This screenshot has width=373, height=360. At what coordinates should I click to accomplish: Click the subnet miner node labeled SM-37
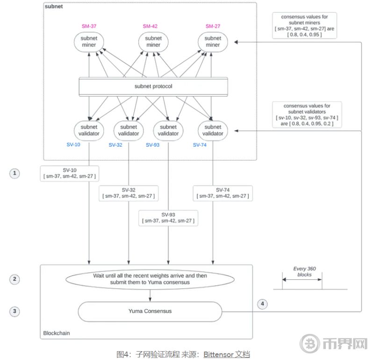pos(88,42)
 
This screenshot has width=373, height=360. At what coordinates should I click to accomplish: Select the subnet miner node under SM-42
pos(153,42)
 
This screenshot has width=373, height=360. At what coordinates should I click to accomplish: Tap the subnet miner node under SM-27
pos(213,42)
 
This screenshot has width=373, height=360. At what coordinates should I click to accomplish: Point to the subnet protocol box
pos(153,86)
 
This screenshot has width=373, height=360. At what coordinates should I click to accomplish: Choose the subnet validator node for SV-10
pos(88,130)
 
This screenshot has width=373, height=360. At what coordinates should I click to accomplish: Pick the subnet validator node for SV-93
pos(168,130)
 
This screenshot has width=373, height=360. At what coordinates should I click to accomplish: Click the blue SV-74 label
pos(200,145)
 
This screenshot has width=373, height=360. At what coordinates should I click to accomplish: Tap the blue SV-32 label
pos(115,145)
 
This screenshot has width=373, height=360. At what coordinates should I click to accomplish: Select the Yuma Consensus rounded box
pos(150,311)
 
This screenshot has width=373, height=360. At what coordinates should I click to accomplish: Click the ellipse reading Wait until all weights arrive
pos(150,279)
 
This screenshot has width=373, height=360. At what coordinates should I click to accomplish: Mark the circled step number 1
pos(15,173)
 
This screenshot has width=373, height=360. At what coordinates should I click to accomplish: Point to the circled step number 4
pos(263,304)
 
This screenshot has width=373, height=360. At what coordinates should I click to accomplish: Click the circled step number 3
pos(15,311)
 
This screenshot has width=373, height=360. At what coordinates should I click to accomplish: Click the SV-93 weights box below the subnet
pos(168,218)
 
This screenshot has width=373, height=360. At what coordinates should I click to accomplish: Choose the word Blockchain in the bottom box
pos(57,333)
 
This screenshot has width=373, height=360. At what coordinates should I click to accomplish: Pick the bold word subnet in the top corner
pos(55,7)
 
